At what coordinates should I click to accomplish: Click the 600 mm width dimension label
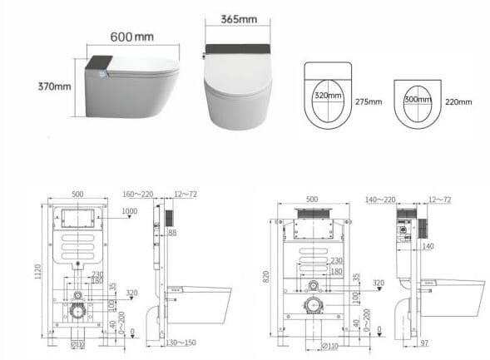(x=131, y=37)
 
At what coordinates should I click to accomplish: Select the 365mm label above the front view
(x=238, y=19)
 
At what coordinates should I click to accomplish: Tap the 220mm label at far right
(x=458, y=101)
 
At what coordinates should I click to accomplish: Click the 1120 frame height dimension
(x=37, y=273)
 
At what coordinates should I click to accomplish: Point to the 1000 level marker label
(x=129, y=211)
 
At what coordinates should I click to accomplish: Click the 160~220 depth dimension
(x=137, y=195)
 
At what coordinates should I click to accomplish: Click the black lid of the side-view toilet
(x=99, y=62)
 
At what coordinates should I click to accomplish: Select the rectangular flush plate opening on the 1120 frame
(x=77, y=220)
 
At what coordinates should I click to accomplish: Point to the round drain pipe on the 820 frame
(x=314, y=307)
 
